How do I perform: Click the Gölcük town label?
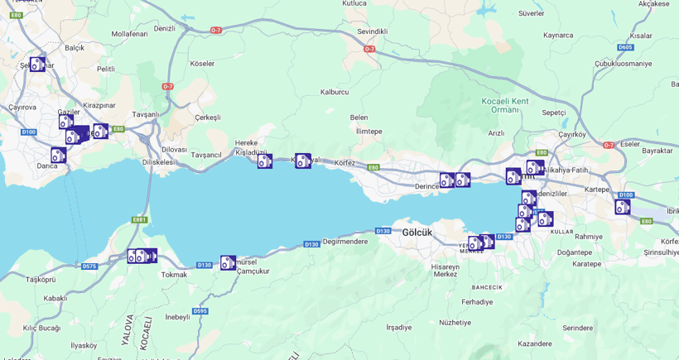[x=417, y=233]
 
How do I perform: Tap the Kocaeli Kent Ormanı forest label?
[x=505, y=105]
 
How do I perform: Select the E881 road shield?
[x=139, y=220]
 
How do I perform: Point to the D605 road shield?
[x=624, y=47]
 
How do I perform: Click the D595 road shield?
[x=200, y=311]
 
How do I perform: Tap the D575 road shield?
[x=89, y=266]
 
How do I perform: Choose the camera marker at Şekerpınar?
[x=38, y=65]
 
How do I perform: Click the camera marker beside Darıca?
[x=58, y=155]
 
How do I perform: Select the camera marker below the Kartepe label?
[x=623, y=207]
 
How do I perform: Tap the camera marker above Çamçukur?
[x=228, y=262]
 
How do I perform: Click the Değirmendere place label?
[x=345, y=242]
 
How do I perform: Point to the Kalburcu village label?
[x=335, y=92]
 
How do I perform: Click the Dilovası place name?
[x=174, y=150]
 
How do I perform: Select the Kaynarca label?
[x=558, y=35]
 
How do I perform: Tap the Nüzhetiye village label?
[x=455, y=323]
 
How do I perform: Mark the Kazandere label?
[x=534, y=343]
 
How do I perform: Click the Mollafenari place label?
[x=129, y=34]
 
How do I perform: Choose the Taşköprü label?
[x=41, y=280]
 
